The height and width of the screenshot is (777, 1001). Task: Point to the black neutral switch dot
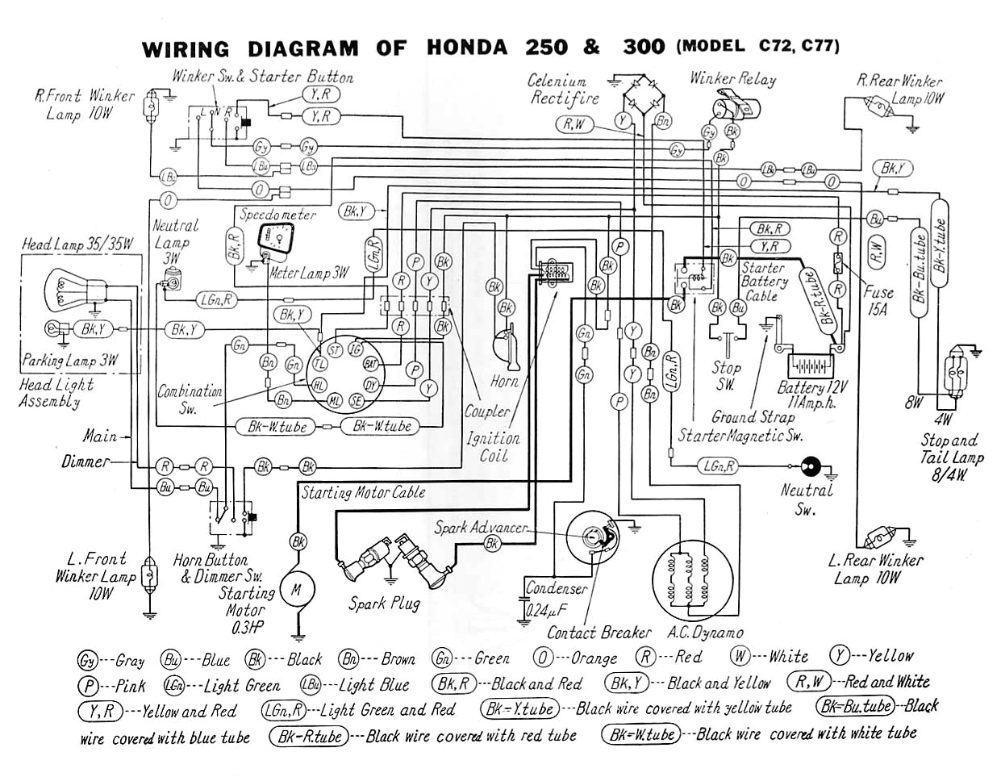[x=809, y=466]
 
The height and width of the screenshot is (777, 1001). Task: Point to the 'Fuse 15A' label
[x=878, y=301]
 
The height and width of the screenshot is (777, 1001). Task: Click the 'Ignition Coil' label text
[x=493, y=446]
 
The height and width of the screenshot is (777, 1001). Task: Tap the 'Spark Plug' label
[x=384, y=603]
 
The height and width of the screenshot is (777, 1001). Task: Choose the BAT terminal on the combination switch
[x=371, y=364]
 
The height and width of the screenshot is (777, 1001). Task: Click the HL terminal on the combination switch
[x=319, y=384]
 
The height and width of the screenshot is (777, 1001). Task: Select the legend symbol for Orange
[x=544, y=658]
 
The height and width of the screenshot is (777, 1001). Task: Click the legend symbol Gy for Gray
[x=87, y=659]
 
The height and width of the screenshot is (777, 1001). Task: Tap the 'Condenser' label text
[x=556, y=588]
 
